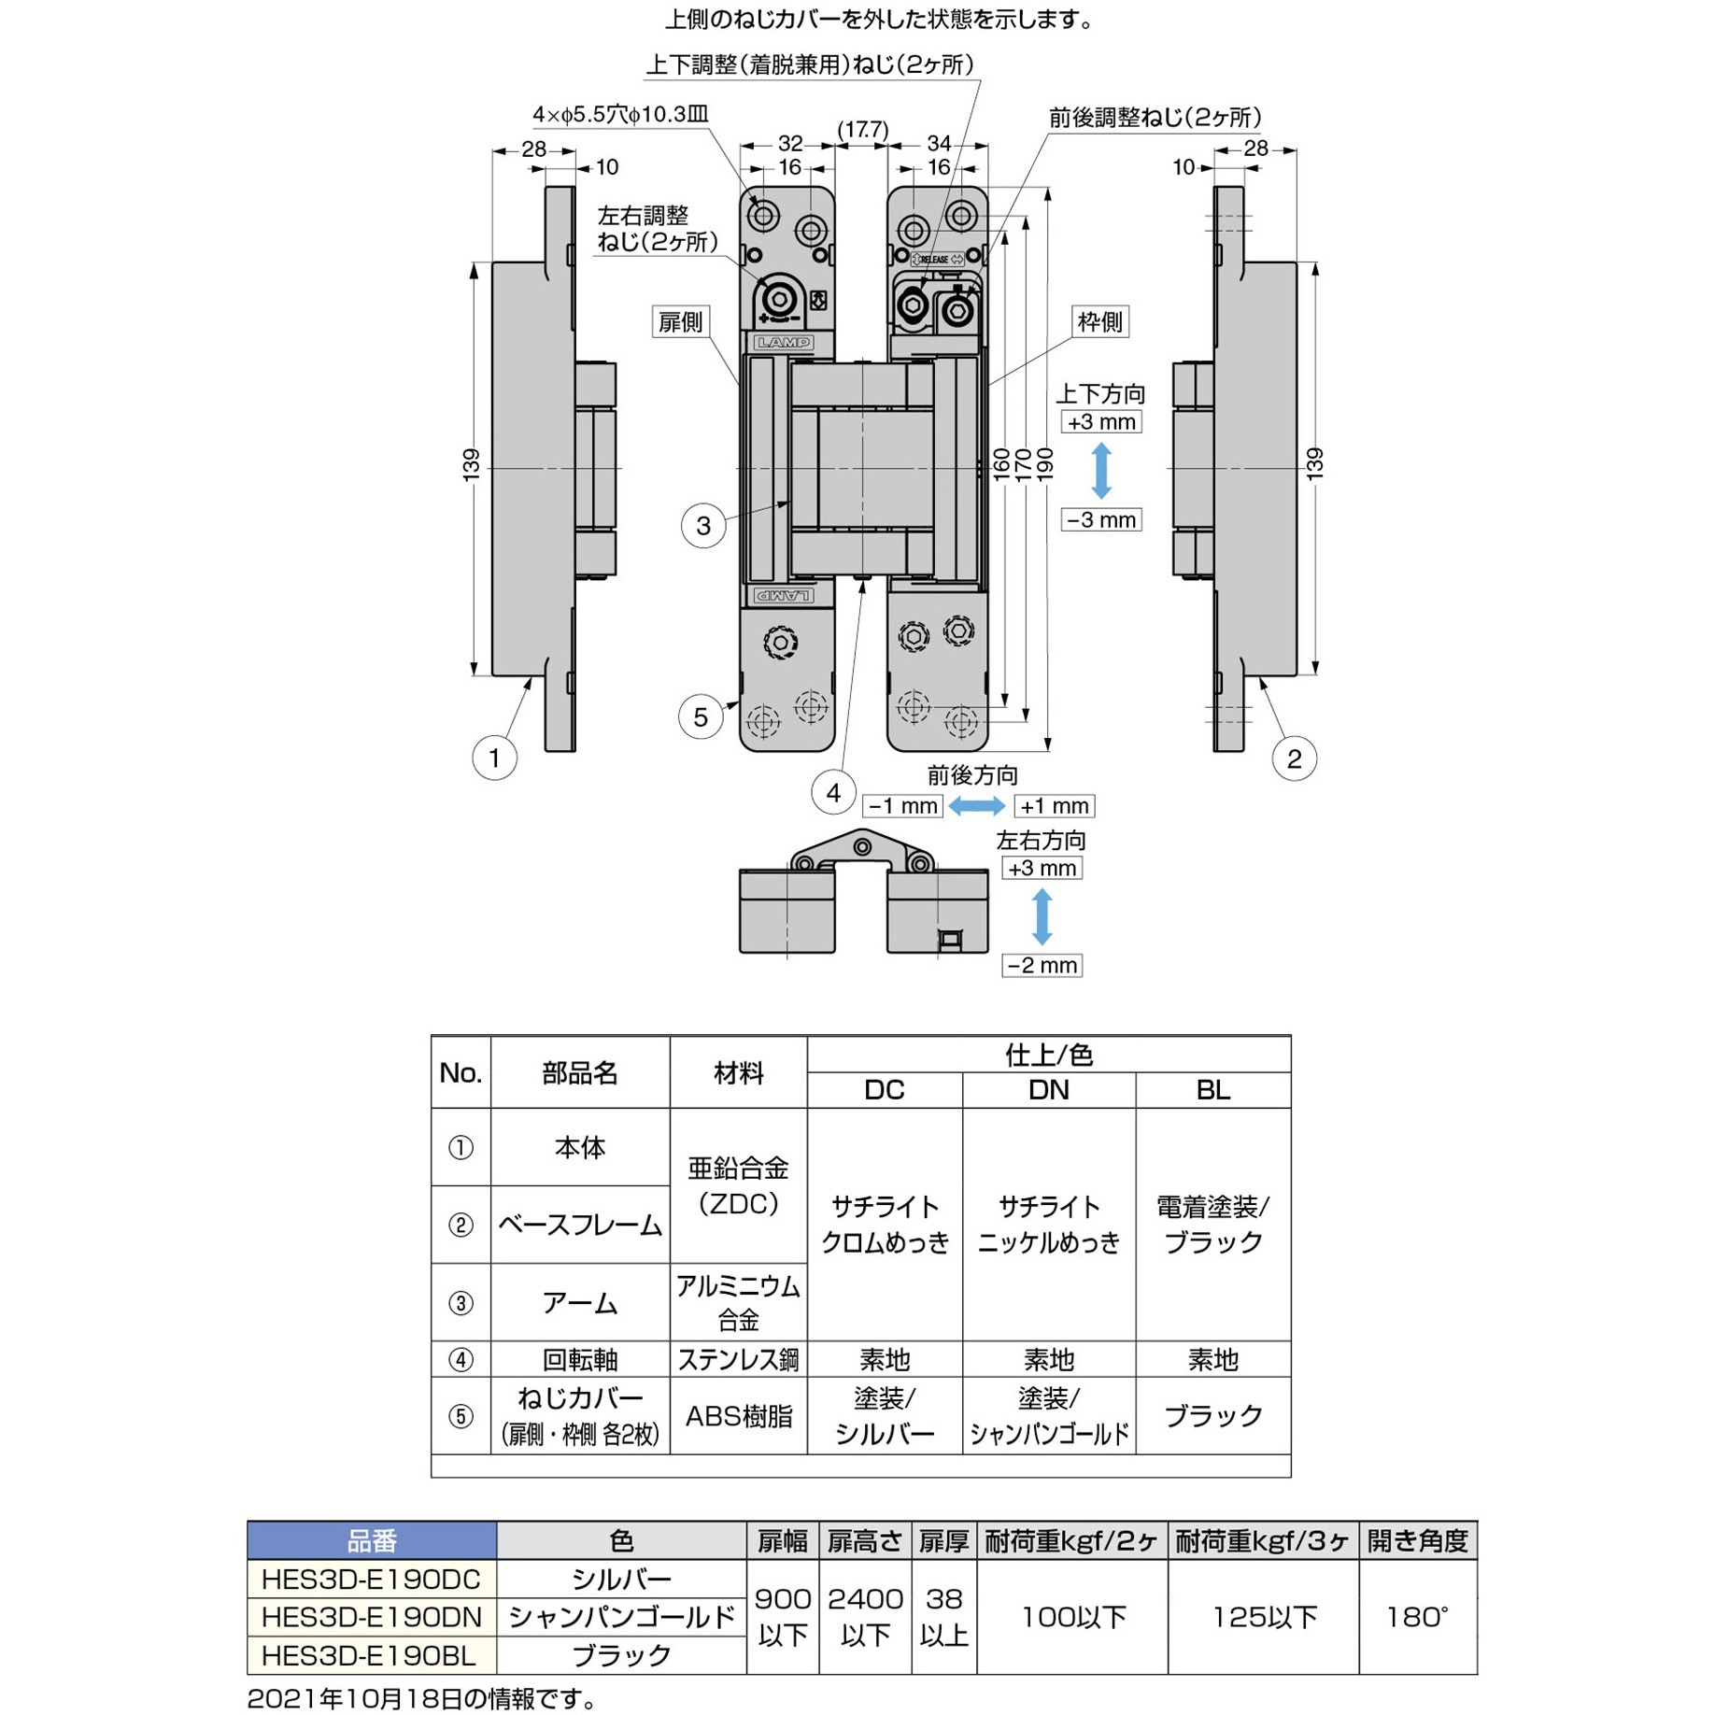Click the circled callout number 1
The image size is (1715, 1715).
pyautogui.click(x=494, y=758)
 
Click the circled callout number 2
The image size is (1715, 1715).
pyautogui.click(x=1294, y=758)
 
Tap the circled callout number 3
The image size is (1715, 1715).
pyautogui.click(x=703, y=526)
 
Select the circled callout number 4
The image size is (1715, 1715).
pyautogui.click(x=833, y=793)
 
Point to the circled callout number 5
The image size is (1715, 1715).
pyautogui.click(x=701, y=717)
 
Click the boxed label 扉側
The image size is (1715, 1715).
pyautogui.click(x=680, y=322)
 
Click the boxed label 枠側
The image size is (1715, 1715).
pyautogui.click(x=1099, y=322)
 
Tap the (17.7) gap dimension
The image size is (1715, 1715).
pyautogui.click(x=862, y=129)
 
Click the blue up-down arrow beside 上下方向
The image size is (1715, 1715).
pyautogui.click(x=1101, y=470)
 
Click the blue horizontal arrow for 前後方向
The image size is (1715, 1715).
pyautogui.click(x=976, y=805)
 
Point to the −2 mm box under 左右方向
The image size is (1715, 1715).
pyautogui.click(x=1042, y=965)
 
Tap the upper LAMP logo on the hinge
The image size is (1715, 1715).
pyautogui.click(x=784, y=343)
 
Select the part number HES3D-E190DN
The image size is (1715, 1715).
pyautogui.click(x=372, y=1617)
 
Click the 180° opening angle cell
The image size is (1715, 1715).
pyautogui.click(x=1417, y=1617)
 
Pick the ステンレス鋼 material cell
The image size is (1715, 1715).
pyautogui.click(x=738, y=1359)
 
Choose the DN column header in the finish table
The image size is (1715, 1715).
pyautogui.click(x=1049, y=1090)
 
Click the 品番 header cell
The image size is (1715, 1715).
pyautogui.click(x=372, y=1540)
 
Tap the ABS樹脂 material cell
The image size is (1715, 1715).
pyautogui.click(x=738, y=1416)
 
